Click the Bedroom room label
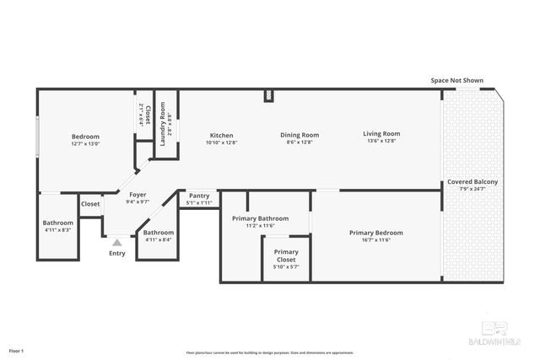pos(85,137)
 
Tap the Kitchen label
pos(222,135)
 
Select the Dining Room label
pos(300,134)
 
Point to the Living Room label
pos(381,133)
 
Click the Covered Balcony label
pos(472,181)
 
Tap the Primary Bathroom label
pos(260,218)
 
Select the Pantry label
pos(199,196)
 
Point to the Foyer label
pos(138,195)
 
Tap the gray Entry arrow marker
pos(117,242)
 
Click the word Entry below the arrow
pos(117,253)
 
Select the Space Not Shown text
pos(456,80)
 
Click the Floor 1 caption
pos(17,349)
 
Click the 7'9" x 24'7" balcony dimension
pos(472,189)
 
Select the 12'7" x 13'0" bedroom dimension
pos(85,144)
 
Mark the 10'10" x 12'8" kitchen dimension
pos(222,142)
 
